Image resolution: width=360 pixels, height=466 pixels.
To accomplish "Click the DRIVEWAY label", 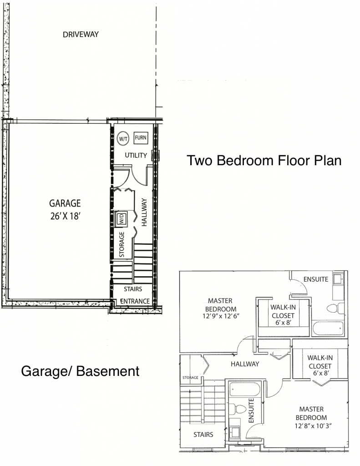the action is (81, 35).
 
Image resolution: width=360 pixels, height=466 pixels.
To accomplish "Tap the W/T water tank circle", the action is (123, 138).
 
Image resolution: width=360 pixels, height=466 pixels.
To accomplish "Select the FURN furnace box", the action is (141, 137).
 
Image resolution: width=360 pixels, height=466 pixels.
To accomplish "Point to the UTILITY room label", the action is (136, 155).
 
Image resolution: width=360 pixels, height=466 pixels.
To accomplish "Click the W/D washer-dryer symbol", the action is (121, 218).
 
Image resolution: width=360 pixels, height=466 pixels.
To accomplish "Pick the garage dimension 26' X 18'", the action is (66, 216).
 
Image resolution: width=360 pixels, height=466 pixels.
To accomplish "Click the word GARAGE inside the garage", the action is (65, 203).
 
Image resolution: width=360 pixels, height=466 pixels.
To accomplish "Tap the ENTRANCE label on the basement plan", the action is (135, 301).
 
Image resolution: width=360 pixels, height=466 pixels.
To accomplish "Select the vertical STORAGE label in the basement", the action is (122, 244).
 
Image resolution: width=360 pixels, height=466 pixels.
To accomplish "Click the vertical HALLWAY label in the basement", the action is (144, 213).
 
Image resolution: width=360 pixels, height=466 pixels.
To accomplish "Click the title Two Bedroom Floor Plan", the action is (264, 161).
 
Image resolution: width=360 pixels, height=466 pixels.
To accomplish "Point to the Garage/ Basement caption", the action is (80, 371).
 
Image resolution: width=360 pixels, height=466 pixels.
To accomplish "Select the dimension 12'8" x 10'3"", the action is (313, 426).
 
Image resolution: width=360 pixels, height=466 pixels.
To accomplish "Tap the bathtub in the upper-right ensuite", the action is (328, 329).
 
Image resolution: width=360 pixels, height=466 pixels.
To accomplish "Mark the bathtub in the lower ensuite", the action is (245, 390).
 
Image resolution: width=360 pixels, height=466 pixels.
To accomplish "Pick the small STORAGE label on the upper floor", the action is (190, 377).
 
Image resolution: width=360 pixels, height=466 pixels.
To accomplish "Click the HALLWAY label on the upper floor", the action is (245, 364).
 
